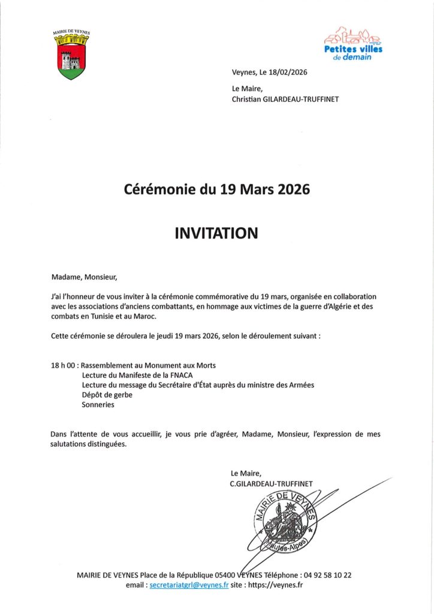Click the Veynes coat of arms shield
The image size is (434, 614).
coord(71,61)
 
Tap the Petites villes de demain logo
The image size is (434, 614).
coord(353,44)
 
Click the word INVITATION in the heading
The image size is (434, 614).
coord(216,233)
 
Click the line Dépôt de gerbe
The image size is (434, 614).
coord(107,395)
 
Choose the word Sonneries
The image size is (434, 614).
coord(98,405)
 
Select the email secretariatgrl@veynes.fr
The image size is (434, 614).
coord(189,585)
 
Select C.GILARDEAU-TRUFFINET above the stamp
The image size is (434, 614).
coord(271,483)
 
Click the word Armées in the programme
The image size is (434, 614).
coord(301,385)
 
